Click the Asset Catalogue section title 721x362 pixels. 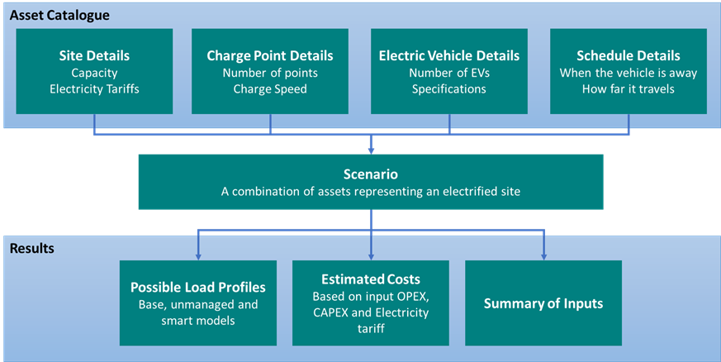[59, 15]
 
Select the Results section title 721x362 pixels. [31, 247]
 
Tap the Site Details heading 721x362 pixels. [94, 56]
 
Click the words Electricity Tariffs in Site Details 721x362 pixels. [94, 89]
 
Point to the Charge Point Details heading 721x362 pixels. [270, 56]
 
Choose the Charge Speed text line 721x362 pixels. [270, 89]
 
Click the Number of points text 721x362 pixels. [270, 73]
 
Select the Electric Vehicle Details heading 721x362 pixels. [449, 56]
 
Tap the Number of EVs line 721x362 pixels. [449, 73]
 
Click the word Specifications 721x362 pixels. [449, 89]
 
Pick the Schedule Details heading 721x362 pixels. [629, 56]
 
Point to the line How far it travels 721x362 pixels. [629, 89]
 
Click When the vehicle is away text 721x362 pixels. [629, 73]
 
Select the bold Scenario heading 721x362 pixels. [371, 175]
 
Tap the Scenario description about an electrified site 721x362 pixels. [371, 191]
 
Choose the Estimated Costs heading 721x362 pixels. [371, 279]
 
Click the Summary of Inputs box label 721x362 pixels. [543, 303]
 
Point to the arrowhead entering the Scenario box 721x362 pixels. [371, 150]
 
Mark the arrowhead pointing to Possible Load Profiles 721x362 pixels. [198, 255]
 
